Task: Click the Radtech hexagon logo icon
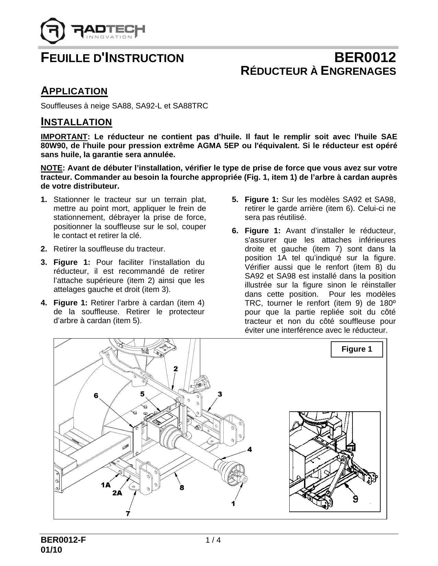click(52, 30)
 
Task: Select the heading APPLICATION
click(74, 91)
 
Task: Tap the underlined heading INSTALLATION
click(76, 122)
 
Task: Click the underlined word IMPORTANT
click(64, 137)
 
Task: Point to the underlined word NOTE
click(52, 168)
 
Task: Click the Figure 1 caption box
click(357, 349)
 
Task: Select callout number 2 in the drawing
click(176, 369)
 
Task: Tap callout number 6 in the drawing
click(96, 396)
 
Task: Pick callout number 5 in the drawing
click(142, 393)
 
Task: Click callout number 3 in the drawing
click(220, 394)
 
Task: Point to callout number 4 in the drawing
click(249, 449)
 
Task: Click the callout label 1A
click(105, 485)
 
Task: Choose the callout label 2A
click(117, 493)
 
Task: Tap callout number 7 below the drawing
click(128, 514)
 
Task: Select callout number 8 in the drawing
click(182, 487)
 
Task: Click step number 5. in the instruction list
click(235, 199)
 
